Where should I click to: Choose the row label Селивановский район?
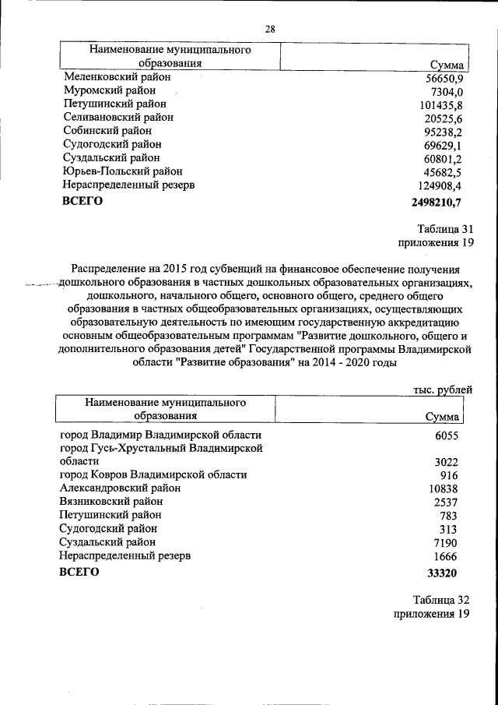pos(118,118)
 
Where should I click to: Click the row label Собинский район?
pos(107,131)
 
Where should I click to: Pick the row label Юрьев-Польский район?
pos(124,171)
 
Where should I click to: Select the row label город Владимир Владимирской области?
pos(160,435)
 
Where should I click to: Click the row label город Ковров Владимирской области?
pos(153,474)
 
